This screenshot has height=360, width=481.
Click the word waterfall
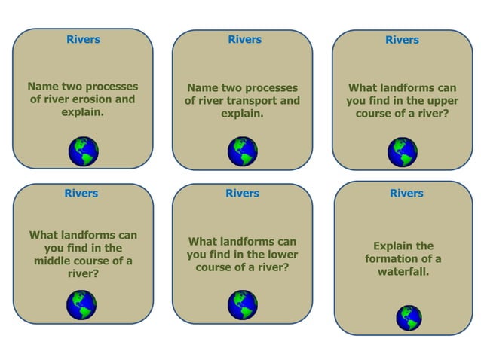coord(403,272)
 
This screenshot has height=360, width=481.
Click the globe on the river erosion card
coord(83,151)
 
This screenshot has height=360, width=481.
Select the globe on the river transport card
coord(242,151)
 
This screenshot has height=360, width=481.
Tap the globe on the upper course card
coord(402,151)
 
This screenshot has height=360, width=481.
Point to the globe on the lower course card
coord(242,305)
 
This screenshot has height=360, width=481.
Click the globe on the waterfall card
coord(409,317)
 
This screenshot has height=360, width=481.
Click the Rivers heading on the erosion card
coord(83,40)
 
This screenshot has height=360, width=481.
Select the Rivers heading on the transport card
coord(244,40)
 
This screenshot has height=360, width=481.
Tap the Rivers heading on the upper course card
coord(402,40)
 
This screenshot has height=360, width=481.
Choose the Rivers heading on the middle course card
coord(81,194)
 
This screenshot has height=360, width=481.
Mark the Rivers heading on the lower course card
coord(242,194)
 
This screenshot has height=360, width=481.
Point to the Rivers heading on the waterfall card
coord(406,194)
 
